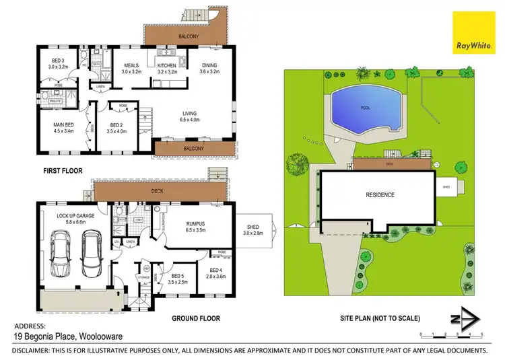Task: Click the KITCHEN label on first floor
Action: [x=166, y=66]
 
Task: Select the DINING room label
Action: [x=209, y=66]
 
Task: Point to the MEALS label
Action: [x=130, y=66]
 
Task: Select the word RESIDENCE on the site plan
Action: [x=380, y=195]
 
